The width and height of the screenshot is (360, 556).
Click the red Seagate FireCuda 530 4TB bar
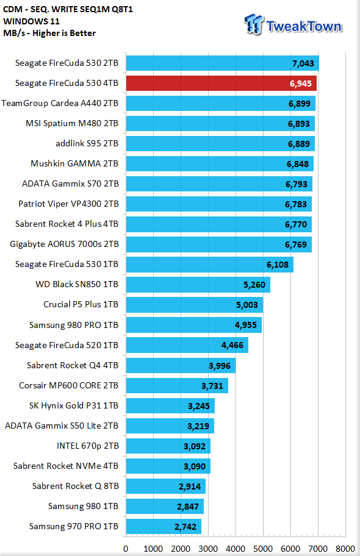221,84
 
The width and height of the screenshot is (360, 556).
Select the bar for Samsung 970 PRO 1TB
164,527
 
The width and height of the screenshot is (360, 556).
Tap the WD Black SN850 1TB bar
198,285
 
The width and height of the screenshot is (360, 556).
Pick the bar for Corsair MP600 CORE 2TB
177,386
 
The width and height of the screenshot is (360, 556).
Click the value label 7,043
303,63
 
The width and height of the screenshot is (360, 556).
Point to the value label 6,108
277,265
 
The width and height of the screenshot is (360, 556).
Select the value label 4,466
232,346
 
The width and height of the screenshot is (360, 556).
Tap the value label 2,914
190,486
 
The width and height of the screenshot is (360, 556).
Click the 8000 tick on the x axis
345,549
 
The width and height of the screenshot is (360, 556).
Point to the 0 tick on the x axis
126,549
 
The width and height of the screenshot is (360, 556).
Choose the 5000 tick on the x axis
263,549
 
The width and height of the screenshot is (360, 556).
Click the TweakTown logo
293,24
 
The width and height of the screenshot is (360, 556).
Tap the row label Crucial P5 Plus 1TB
81,305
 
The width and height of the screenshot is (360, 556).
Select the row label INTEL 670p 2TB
87,446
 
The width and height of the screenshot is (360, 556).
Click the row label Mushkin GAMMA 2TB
74,163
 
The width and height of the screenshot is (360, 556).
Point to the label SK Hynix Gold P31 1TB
73,405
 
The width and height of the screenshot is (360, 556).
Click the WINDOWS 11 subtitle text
31,21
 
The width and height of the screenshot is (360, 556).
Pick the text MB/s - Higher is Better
49,33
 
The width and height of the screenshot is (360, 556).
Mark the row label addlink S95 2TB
87,144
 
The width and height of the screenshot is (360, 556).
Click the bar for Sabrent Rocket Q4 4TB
181,366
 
